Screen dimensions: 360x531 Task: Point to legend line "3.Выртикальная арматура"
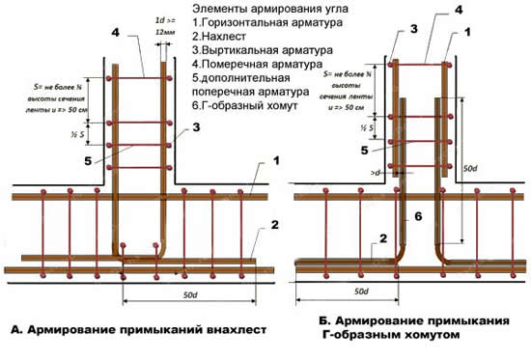point(254,48)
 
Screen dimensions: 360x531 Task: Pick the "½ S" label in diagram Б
point(366,128)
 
